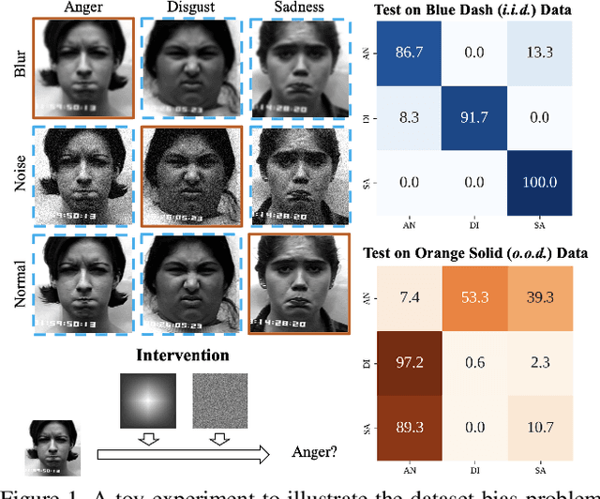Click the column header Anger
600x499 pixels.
click(82, 8)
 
